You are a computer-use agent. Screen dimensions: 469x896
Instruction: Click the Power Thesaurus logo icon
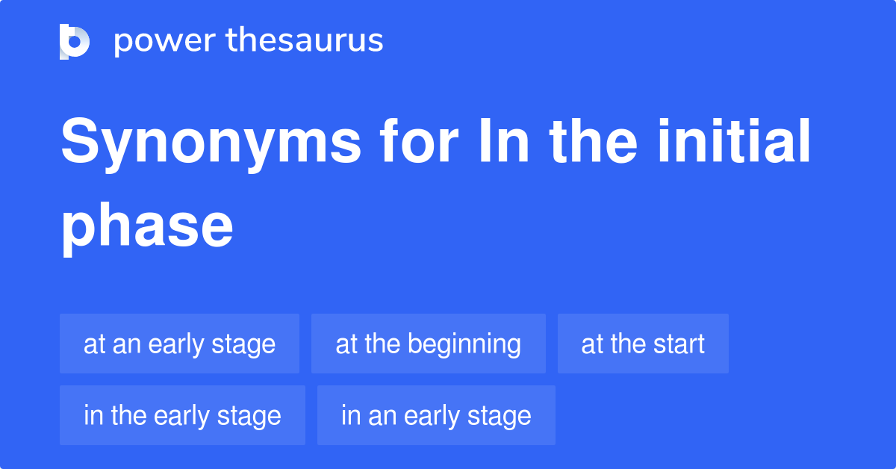(x=74, y=41)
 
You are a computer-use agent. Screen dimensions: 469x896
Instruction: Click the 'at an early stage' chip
(x=179, y=344)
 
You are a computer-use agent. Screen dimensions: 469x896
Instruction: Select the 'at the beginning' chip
(x=428, y=344)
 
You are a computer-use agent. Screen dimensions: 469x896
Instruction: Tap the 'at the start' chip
(x=643, y=344)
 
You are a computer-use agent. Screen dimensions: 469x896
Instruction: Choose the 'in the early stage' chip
(x=182, y=415)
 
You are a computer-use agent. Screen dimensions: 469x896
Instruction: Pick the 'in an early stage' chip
(x=436, y=415)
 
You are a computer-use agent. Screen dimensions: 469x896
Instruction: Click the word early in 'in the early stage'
(x=179, y=416)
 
